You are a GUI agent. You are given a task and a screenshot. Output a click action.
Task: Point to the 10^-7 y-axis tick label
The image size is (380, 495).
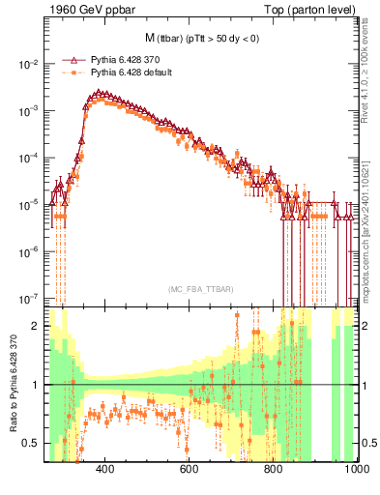point(29,298)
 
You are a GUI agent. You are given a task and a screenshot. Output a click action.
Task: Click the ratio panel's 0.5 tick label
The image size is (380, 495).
point(32,443)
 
